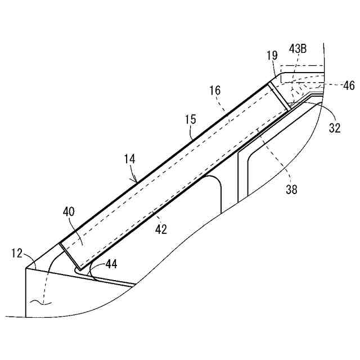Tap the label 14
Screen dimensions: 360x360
tap(130, 160)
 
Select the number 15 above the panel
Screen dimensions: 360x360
tap(190, 119)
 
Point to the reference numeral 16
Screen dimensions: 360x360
tap(214, 91)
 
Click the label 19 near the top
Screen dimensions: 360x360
tap(272, 56)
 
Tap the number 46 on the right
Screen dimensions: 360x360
tap(349, 85)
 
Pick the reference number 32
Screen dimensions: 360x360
tap(335, 128)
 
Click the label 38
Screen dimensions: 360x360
tap(291, 190)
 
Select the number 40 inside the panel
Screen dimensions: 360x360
tap(68, 211)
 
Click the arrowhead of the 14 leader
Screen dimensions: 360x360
tap(136, 181)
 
